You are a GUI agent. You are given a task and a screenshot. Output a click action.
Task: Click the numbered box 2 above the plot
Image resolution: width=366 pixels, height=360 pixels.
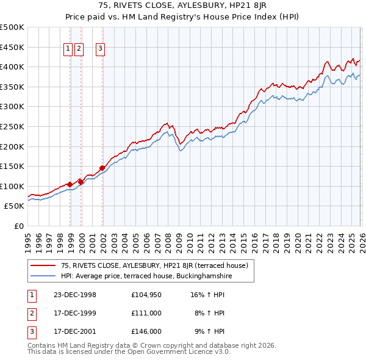[79, 50]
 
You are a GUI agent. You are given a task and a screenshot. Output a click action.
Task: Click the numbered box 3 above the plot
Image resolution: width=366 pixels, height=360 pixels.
[100, 50]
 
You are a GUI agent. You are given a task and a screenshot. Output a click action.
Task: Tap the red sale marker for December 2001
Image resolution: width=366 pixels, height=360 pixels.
[102, 168]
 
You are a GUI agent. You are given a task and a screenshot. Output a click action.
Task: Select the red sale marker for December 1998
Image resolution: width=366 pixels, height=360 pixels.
[70, 184]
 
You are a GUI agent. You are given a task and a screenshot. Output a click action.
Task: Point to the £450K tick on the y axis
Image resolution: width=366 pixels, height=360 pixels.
[12, 47]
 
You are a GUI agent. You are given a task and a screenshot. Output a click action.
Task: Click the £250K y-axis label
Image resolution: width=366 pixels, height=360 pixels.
[12, 126]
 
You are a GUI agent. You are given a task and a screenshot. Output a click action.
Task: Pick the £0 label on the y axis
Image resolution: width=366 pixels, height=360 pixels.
[19, 226]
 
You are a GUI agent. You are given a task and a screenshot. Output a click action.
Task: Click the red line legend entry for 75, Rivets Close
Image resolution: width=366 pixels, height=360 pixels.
[154, 265]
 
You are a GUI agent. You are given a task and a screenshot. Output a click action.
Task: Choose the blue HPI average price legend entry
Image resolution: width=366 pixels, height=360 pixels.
[146, 276]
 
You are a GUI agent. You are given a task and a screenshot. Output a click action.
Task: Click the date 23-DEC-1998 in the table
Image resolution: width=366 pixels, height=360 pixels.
[74, 295]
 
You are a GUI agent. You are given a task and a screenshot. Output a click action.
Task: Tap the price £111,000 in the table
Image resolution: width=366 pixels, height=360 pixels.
[146, 313]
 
